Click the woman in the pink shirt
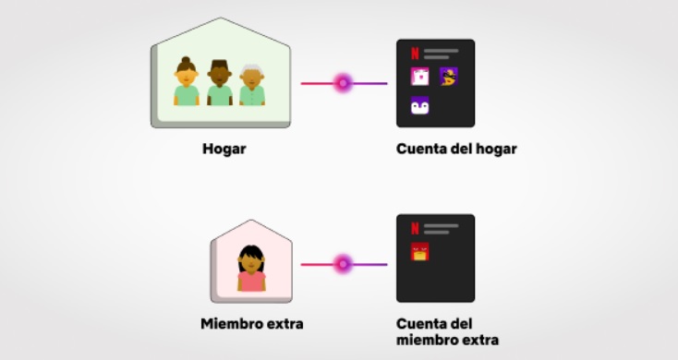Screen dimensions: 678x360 coord(251,269)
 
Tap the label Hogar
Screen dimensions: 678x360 coord(224,148)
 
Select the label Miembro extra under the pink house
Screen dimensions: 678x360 coord(252,324)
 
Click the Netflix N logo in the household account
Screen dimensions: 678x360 coord(415,54)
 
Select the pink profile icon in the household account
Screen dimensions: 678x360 coord(419,78)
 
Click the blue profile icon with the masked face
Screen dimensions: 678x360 coord(449,78)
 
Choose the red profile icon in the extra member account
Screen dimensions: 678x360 coord(419,252)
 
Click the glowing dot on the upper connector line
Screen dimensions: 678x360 coord(343,83)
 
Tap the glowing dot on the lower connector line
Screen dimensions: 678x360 coord(343,264)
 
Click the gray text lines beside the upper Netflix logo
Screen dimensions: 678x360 coord(442,54)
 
